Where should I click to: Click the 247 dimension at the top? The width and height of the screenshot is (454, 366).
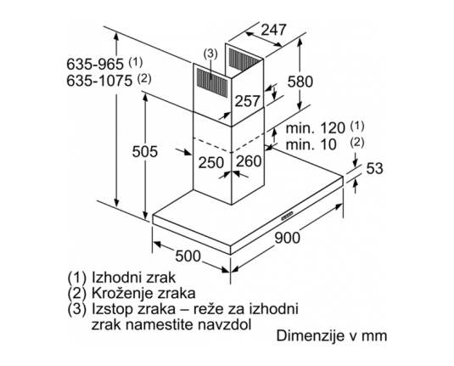pos(273,30)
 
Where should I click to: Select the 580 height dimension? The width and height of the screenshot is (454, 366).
pos(300,82)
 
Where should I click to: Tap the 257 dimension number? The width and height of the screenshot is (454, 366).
pos(247,101)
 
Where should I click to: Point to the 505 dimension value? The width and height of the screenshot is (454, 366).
pos(145,151)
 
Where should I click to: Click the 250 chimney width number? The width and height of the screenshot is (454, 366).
pos(211,162)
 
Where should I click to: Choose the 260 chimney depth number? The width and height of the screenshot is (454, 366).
pos(249,161)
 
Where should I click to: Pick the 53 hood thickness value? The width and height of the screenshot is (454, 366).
pos(375,168)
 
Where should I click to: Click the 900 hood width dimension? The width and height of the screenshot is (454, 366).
pos(287,238)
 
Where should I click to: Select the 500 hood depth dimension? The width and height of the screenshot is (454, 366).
pos(188,256)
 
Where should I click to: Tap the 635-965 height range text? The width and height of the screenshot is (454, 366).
pos(95,64)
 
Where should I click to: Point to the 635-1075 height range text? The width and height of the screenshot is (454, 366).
pos(99,81)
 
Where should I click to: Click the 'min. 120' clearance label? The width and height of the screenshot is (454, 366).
pos(316,127)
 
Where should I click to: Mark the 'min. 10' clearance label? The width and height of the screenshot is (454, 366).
pos(311,144)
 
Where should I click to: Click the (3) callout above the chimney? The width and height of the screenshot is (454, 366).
pos(210,54)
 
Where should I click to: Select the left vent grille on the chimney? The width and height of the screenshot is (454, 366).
pos(212,82)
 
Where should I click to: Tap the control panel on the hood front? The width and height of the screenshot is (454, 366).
pos(287,216)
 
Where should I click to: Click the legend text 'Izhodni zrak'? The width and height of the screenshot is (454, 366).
pos(133,278)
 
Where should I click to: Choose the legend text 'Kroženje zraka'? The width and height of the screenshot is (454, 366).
pos(143,293)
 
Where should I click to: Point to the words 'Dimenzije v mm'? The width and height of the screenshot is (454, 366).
pos(332,336)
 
